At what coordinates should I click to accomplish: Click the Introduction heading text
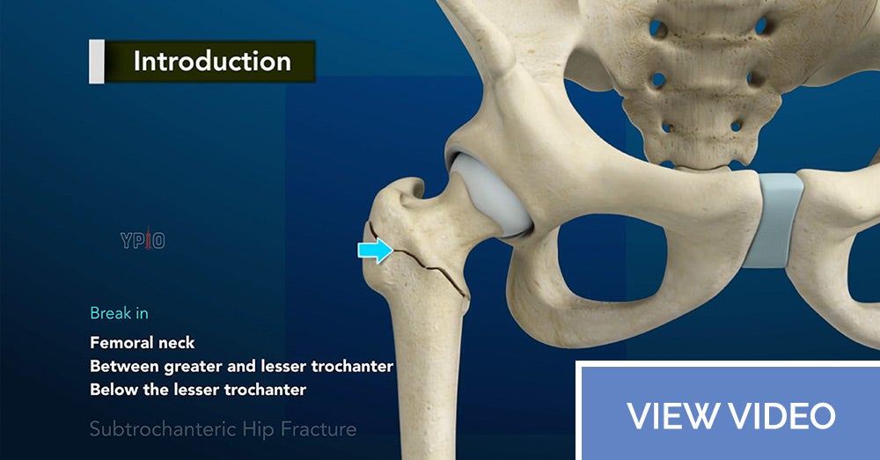coord(212,62)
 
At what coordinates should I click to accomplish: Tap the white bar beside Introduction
coord(97,62)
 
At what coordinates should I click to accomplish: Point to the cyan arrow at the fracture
coord(376,250)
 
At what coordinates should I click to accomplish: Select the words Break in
coord(119,313)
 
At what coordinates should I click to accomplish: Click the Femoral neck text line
coord(143,343)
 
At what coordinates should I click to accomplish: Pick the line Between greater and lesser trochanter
coord(242,366)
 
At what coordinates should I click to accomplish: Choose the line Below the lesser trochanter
coord(198,390)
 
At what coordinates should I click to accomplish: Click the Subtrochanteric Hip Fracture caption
coord(223,429)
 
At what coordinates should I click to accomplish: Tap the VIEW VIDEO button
coord(728,412)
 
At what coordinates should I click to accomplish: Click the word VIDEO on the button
coord(782,416)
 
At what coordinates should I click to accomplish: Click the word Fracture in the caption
coord(319,429)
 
